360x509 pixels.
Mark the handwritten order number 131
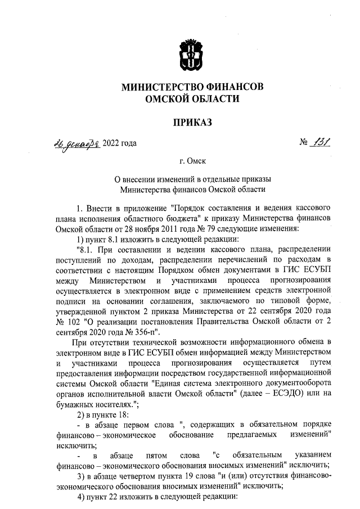click(320, 142)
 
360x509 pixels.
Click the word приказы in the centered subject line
click(255, 179)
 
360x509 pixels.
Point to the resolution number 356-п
click(148, 330)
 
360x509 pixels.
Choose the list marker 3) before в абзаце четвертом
click(80, 475)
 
